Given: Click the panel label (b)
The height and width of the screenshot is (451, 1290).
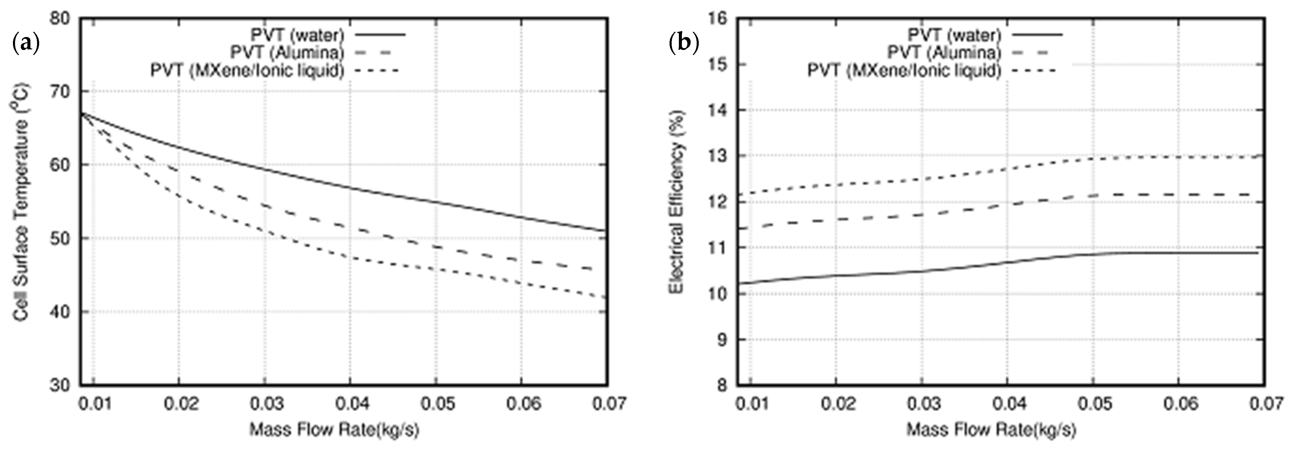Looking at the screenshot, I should click(x=684, y=44).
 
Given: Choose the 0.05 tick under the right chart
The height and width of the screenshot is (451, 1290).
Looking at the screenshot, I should click(x=1094, y=403).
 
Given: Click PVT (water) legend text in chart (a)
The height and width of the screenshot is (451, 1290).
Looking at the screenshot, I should click(x=298, y=35).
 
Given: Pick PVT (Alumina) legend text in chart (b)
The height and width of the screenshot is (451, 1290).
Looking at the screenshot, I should click(x=944, y=52).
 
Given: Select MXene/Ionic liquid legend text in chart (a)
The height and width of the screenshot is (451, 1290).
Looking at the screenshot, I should click(x=247, y=70).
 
